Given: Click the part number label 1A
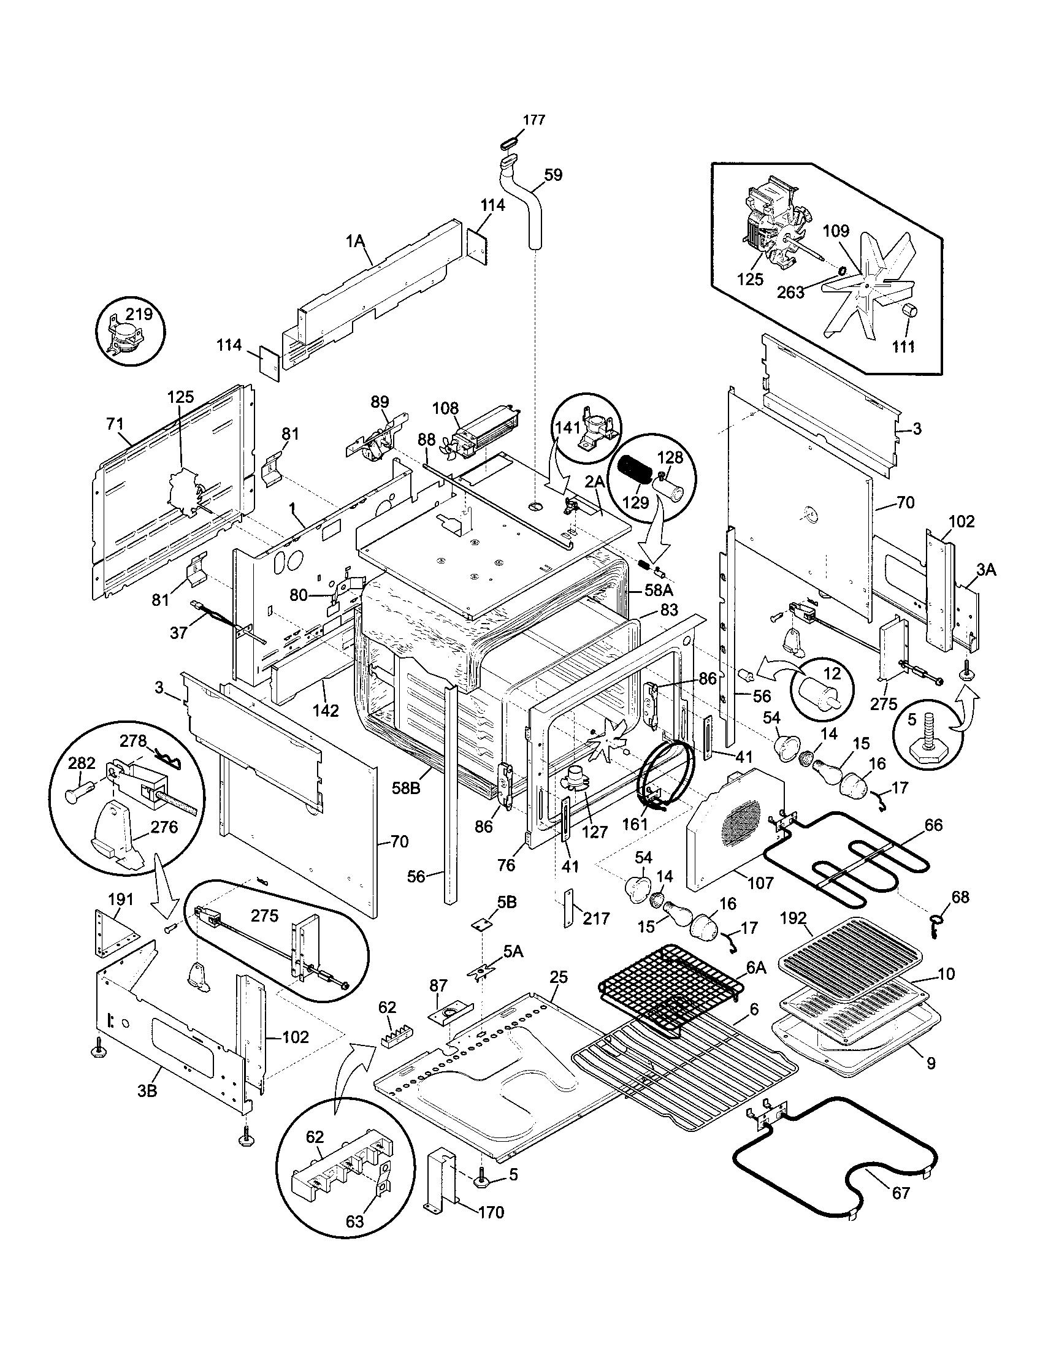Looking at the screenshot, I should (355, 242).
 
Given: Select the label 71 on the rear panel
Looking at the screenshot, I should (115, 424).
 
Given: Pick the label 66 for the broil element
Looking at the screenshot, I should (933, 825).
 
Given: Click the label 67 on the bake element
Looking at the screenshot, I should (901, 1193).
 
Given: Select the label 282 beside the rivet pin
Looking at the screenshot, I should (82, 763).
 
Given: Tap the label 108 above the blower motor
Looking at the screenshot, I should (445, 408).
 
